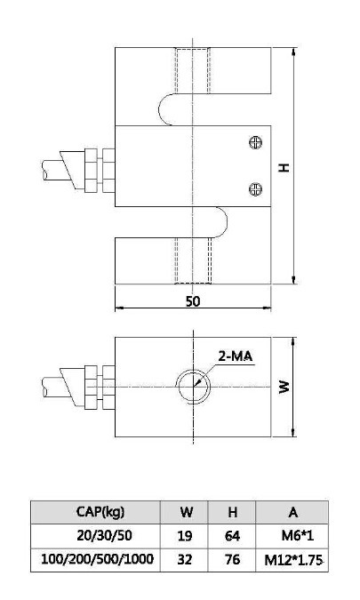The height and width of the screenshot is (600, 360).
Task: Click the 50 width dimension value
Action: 193,301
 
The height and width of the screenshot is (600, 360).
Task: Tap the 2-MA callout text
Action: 236,356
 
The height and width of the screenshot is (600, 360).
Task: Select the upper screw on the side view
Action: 256,141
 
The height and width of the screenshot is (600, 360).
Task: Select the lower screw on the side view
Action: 256,187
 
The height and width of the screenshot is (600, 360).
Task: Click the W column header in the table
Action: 187,512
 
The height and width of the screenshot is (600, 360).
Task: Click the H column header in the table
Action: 231,512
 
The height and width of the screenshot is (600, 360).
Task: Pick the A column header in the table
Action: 292,512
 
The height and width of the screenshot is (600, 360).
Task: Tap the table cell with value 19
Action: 187,536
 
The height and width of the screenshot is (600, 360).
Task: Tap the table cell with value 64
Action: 231,536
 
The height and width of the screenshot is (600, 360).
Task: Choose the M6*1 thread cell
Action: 292,536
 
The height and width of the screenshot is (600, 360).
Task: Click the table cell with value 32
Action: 187,560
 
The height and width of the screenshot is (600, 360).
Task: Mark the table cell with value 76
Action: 231,560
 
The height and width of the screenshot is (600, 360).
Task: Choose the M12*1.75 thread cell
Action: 292,560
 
